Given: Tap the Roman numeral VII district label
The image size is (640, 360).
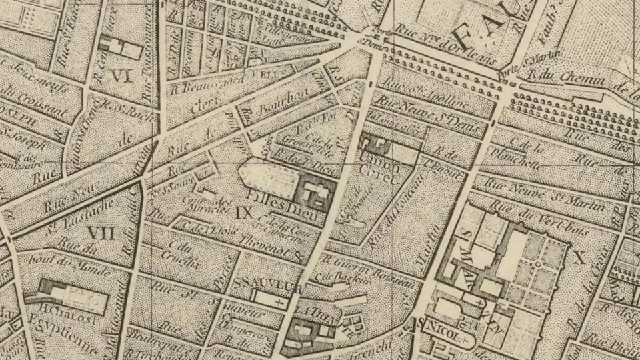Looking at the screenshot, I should [x=101, y=233].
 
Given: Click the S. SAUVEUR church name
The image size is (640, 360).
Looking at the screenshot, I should [x=263, y=285].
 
